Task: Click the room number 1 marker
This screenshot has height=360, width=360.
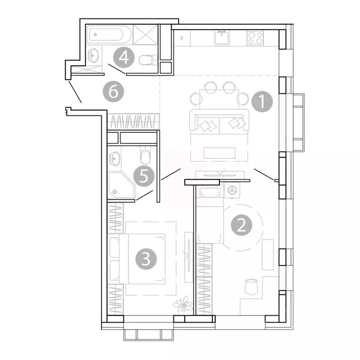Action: (x=262, y=101)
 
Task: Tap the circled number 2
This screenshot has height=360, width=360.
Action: (x=241, y=225)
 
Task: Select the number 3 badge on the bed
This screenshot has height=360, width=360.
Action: (x=146, y=259)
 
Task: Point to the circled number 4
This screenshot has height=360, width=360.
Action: (x=124, y=57)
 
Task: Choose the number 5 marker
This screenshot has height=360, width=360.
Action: (x=144, y=176)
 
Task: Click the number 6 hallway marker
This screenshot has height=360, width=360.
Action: (x=113, y=91)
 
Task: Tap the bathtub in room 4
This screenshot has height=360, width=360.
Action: (x=109, y=35)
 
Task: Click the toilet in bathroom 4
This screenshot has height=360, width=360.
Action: (x=148, y=60)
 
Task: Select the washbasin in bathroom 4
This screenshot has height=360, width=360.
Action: (x=94, y=55)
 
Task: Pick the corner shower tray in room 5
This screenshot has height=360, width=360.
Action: (x=121, y=185)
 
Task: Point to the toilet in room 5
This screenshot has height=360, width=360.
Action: (x=145, y=155)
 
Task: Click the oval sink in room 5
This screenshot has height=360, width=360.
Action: (x=115, y=158)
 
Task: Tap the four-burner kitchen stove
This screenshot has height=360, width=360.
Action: (x=255, y=38)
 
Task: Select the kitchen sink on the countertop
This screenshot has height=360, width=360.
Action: (x=222, y=37)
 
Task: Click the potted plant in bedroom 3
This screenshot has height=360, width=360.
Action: (x=183, y=304)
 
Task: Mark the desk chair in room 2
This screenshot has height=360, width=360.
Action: (x=251, y=286)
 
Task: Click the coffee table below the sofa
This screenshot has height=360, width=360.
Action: (x=219, y=153)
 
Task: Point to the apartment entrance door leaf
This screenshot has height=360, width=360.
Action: (x=75, y=91)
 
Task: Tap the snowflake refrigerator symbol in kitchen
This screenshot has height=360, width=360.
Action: (x=181, y=38)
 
